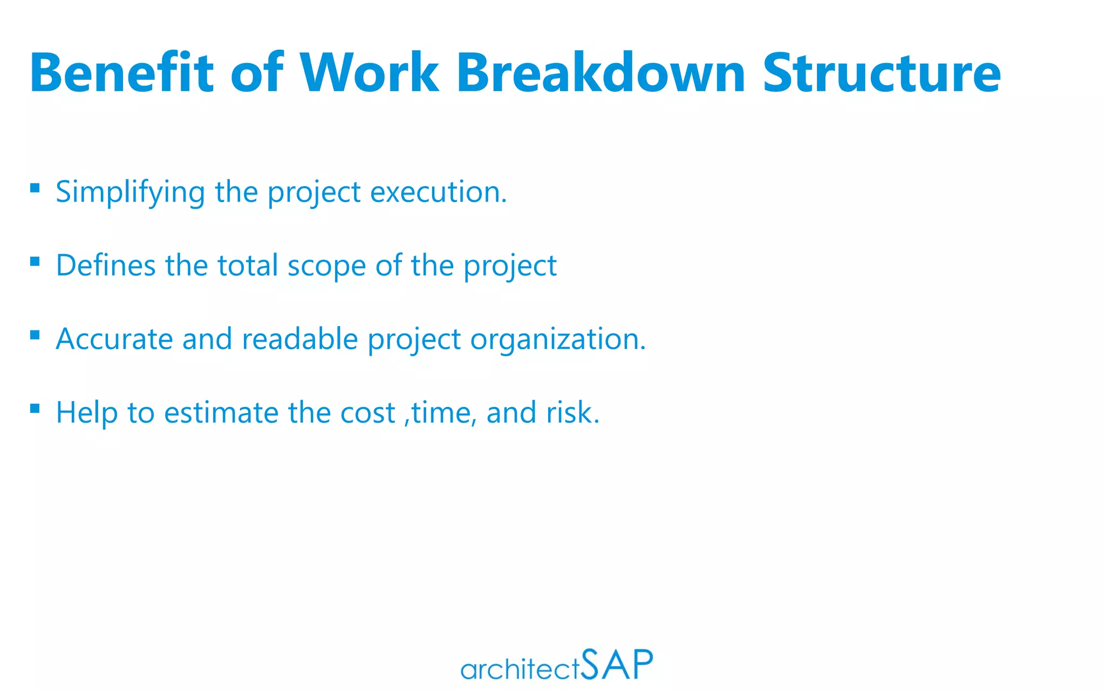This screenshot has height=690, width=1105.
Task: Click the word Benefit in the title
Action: point(122,73)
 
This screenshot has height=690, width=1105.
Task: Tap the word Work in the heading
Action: point(369,73)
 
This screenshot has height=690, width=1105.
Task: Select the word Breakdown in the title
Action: point(601,73)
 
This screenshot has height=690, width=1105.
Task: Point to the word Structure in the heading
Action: point(882,73)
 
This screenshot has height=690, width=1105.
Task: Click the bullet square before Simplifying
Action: point(35,188)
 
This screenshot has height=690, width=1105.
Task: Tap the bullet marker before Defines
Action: point(35,261)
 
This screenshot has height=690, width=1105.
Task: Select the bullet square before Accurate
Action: point(35,335)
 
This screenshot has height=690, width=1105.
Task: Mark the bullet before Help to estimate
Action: point(35,409)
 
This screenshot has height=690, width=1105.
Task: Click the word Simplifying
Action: point(130,192)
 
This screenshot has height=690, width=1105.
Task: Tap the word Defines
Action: point(106,266)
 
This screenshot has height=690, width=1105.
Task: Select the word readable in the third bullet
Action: point(300,340)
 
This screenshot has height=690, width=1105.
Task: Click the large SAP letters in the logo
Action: point(617,664)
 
